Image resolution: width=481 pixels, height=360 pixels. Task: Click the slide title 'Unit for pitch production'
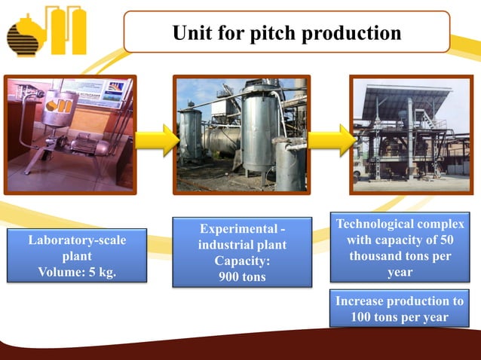tap(286, 33)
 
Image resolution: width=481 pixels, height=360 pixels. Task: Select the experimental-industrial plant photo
tap(242, 134)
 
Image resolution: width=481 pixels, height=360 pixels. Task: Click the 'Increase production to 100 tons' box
tap(400, 309)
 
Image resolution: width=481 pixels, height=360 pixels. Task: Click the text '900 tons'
tap(242, 276)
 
